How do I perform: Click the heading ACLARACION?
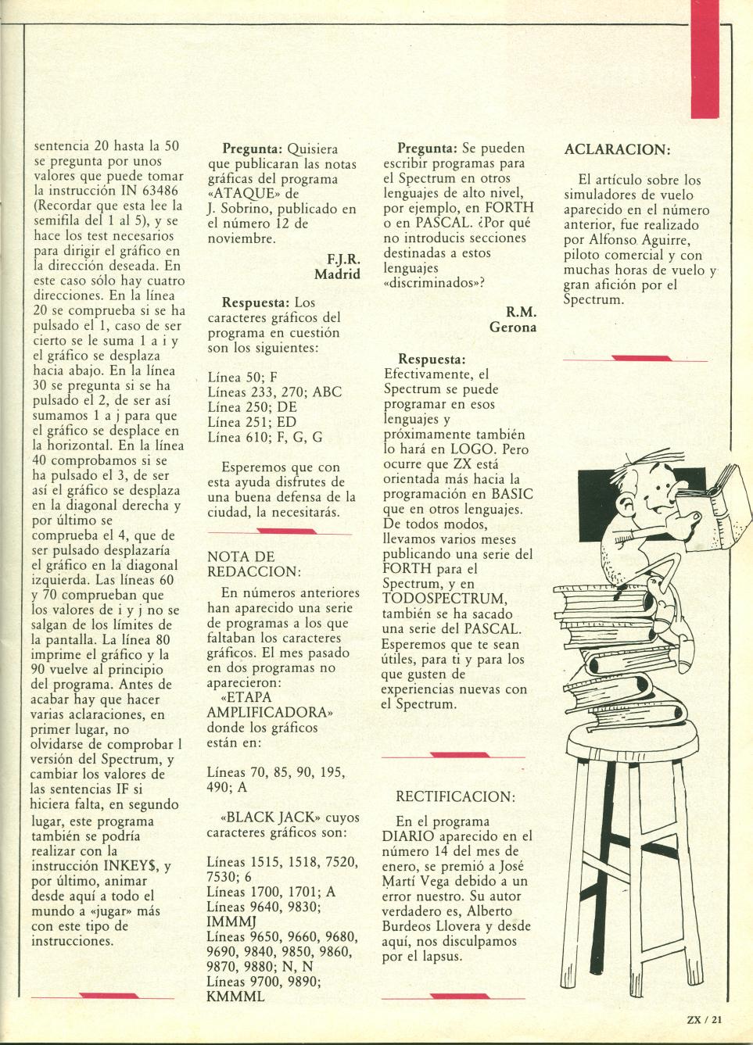(x=616, y=149)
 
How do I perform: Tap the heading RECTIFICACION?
(x=455, y=796)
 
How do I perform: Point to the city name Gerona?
(x=512, y=327)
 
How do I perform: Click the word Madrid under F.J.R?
(x=337, y=274)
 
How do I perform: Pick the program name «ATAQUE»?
(x=239, y=194)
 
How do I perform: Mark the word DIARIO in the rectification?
(x=407, y=836)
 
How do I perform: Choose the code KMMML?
(x=235, y=997)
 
